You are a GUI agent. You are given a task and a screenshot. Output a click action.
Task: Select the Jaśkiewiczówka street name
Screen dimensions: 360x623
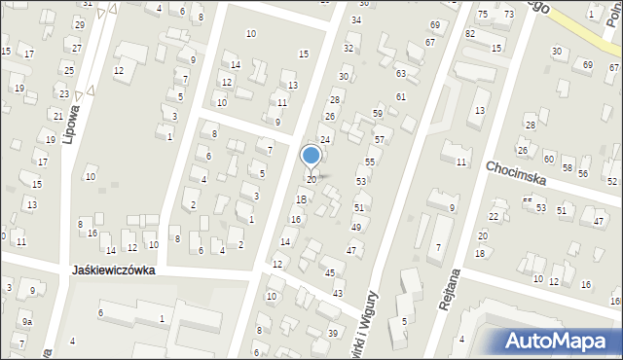point(114,271)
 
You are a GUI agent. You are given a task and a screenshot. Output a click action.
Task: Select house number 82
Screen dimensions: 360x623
point(470,33)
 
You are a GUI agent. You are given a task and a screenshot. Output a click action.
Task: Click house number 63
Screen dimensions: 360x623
point(400,73)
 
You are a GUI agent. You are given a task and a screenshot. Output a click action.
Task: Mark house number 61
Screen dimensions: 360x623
point(400,96)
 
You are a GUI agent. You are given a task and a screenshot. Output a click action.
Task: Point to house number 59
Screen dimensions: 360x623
point(378,114)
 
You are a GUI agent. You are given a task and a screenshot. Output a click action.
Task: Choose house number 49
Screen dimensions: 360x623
point(356,227)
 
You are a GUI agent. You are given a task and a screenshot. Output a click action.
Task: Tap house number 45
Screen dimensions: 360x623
point(330,273)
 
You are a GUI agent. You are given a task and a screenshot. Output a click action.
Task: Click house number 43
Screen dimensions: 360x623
point(338,293)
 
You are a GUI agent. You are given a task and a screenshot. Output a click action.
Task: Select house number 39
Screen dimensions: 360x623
point(333,334)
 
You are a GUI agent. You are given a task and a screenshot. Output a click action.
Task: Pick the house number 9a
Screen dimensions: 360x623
point(27,321)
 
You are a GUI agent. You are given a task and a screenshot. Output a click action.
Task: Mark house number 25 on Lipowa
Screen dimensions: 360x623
point(68,70)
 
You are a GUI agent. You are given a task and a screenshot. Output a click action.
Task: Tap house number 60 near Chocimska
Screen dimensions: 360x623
point(549,159)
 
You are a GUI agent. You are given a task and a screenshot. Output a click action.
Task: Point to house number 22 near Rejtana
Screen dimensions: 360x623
point(494,216)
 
